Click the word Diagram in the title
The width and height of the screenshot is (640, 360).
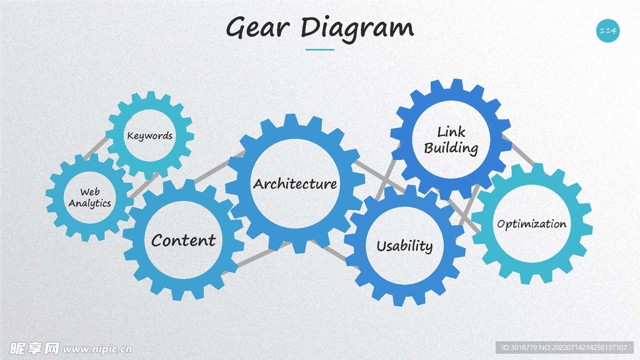click(x=357, y=28)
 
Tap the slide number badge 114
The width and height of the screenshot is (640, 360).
click(x=607, y=31)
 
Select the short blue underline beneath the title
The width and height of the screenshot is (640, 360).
click(x=320, y=49)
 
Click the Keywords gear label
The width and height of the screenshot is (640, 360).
click(x=149, y=136)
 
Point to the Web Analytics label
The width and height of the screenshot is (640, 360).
click(x=89, y=197)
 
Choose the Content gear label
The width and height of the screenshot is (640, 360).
click(x=183, y=240)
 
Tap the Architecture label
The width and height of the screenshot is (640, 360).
click(x=295, y=184)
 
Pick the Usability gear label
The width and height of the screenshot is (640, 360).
click(x=404, y=246)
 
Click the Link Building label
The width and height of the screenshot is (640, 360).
click(x=451, y=140)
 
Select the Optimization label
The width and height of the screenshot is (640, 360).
click(x=531, y=224)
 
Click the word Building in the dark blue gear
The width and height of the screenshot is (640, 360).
click(x=451, y=149)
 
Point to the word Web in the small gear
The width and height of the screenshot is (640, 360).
click(x=89, y=192)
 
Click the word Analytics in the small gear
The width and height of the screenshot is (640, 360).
click(x=90, y=203)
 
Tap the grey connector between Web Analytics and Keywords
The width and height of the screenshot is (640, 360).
click(x=95, y=147)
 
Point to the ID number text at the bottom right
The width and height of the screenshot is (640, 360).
click(x=566, y=347)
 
